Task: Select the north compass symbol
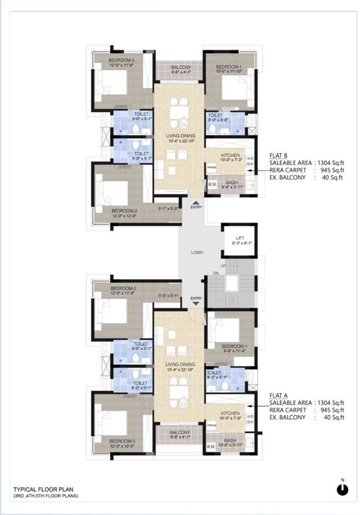pos(343,489)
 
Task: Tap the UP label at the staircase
pos(233,266)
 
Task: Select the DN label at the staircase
pos(216,274)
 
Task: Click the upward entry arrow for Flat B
pos(196,201)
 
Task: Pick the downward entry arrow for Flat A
pos(196,304)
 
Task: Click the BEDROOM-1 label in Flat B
pos(228,68)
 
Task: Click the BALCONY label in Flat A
pos(180,432)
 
